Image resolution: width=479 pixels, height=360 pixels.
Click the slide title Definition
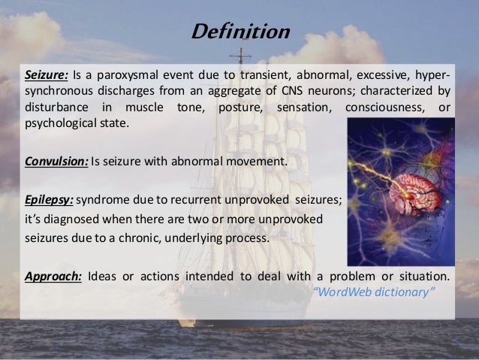click(x=239, y=33)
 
